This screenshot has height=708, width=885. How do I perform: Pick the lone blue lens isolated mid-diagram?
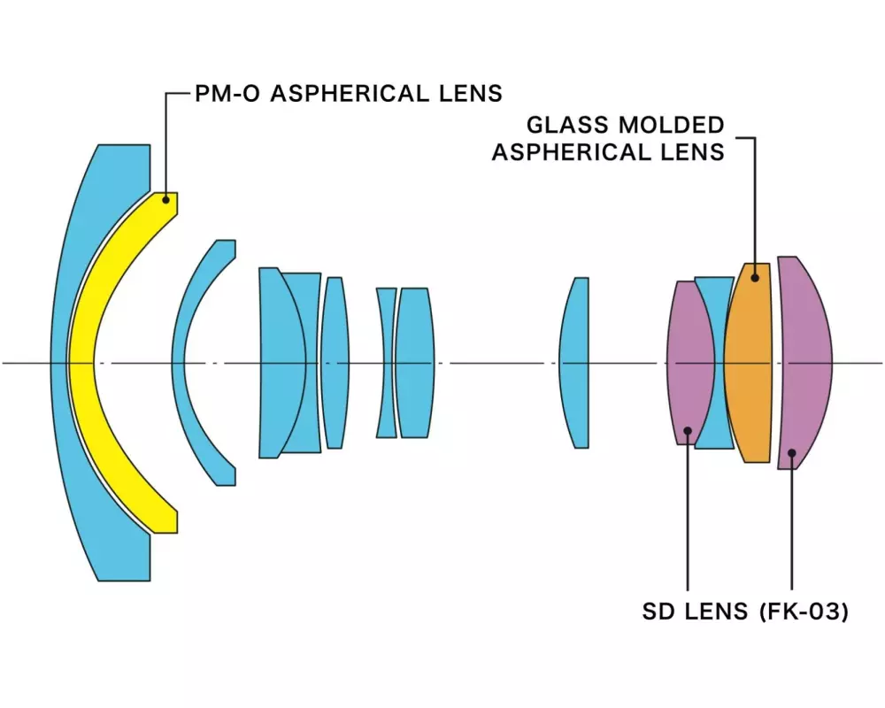tap(575, 363)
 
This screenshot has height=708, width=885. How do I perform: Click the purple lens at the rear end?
tap(805, 363)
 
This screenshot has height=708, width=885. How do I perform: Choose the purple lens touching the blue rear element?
tap(689, 363)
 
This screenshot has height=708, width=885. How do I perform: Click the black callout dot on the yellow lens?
tap(165, 201)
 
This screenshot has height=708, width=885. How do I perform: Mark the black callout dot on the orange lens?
tap(755, 277)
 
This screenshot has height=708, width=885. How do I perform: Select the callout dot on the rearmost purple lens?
tap(792, 453)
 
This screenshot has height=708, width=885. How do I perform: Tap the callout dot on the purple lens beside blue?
tap(688, 431)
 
